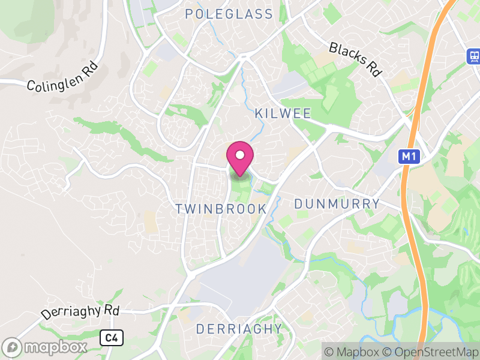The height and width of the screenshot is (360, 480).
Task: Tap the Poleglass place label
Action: click(229, 14)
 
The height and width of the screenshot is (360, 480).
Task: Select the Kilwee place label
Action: click(283, 113)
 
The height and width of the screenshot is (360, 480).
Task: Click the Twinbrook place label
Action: click(221, 209)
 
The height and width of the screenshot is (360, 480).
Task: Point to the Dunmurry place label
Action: click(337, 204)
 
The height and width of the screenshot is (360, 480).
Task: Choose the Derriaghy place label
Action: click(239, 329)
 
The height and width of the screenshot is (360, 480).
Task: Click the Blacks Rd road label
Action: click(355, 59)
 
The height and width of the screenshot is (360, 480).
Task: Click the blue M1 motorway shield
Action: click(408, 157)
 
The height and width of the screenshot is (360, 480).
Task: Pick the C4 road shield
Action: click(112, 338)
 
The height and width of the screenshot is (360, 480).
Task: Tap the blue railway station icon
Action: click(474, 56)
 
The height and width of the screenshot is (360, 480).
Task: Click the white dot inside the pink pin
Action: click(240, 155)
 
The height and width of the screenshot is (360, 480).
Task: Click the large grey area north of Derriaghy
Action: click(240, 282)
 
